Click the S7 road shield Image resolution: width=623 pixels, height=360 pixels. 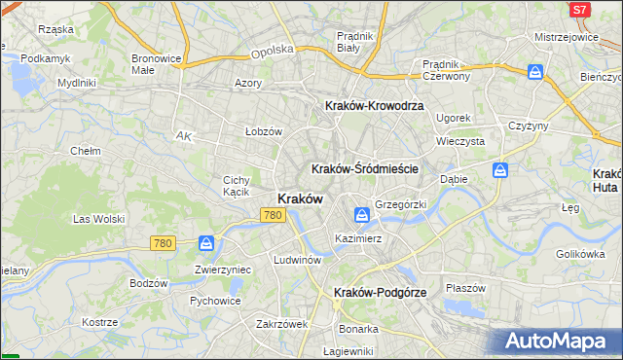click(579, 10)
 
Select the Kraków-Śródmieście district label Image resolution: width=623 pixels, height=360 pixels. click(364, 168)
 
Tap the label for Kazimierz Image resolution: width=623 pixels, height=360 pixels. click(357, 237)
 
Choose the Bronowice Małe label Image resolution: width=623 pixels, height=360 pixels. click(156, 64)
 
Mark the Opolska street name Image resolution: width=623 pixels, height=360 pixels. click(272, 52)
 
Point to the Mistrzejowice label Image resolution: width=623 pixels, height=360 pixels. click(566, 36)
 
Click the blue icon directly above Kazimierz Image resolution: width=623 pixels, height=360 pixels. click(361, 215)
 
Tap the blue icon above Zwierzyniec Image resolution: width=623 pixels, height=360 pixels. click(206, 243)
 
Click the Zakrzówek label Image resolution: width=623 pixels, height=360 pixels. click(282, 324)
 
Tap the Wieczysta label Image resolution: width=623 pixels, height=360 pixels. click(460, 140)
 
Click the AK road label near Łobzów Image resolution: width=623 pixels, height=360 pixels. click(183, 135)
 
